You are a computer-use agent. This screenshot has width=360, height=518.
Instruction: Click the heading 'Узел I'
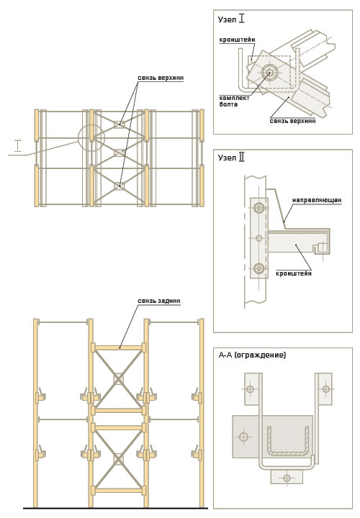[231, 19]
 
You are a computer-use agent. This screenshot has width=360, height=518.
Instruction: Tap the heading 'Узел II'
[231, 158]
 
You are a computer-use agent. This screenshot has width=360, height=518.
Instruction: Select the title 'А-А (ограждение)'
[252, 355]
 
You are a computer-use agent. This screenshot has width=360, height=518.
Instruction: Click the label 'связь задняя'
[159, 301]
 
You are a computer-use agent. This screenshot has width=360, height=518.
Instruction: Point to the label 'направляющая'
[317, 200]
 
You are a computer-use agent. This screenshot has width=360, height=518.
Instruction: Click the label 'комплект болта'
[235, 101]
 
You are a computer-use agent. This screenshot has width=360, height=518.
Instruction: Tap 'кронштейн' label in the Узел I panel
[237, 40]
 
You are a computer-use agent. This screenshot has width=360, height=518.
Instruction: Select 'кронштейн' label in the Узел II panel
[294, 273]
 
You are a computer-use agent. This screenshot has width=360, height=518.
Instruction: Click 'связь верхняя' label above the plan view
[161, 78]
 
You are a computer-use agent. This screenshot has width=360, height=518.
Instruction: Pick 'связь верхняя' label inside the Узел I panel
[292, 121]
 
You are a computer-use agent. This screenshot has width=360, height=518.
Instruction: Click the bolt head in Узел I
[268, 72]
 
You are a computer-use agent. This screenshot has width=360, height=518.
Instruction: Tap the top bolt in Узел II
[259, 208]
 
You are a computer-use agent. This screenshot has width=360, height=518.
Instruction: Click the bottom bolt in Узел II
[259, 268]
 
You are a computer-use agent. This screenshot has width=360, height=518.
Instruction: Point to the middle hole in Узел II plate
[259, 238]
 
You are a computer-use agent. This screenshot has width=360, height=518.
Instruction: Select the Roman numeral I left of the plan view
[18, 145]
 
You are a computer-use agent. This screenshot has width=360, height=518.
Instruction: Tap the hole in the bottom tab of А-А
[287, 478]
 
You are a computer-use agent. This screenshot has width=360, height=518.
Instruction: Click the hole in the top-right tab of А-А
[325, 389]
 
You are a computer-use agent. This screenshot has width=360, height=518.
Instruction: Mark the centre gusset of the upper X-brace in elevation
[118, 379]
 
